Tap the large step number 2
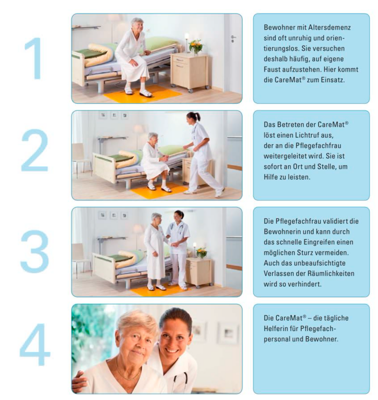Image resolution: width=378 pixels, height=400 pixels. click(x=35, y=150)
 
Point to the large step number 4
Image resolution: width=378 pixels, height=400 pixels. click(x=35, y=344)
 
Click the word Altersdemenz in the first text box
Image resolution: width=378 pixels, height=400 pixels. click(x=329, y=27)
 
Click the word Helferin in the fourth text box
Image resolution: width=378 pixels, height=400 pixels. click(x=276, y=328)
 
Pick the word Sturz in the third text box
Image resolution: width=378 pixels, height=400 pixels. click(x=306, y=252)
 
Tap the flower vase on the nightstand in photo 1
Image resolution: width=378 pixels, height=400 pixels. click(x=196, y=47)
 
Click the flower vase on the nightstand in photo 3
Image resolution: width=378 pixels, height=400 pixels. click(x=202, y=253)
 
